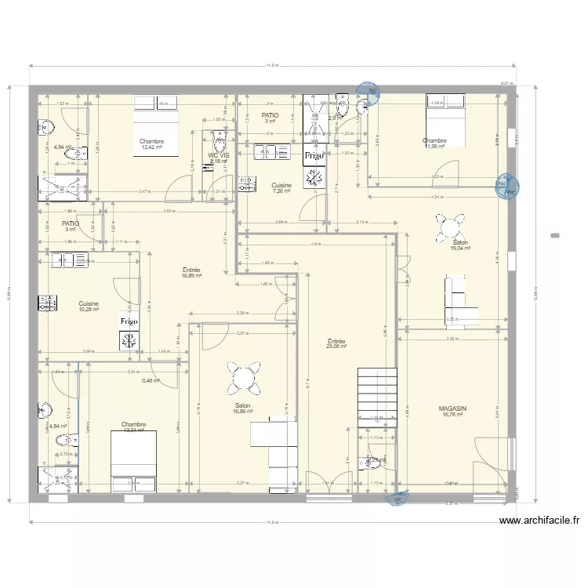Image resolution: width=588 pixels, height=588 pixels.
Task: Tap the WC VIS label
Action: [218, 155]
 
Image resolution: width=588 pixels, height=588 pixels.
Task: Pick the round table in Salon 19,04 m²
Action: [449, 229]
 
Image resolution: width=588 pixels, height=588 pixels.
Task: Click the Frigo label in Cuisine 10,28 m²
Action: [129, 321]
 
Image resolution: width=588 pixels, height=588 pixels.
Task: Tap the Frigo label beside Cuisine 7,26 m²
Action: [314, 156]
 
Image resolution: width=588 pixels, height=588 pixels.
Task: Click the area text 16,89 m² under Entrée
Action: [191, 276]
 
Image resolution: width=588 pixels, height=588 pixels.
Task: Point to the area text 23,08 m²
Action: [336, 348]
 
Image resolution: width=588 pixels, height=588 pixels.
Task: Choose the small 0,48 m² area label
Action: [151, 381]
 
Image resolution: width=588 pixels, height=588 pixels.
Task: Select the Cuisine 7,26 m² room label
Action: [281, 186]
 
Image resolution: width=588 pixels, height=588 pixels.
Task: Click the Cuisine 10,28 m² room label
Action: [89, 303]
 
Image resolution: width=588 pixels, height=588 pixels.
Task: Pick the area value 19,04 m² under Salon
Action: [460, 249]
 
